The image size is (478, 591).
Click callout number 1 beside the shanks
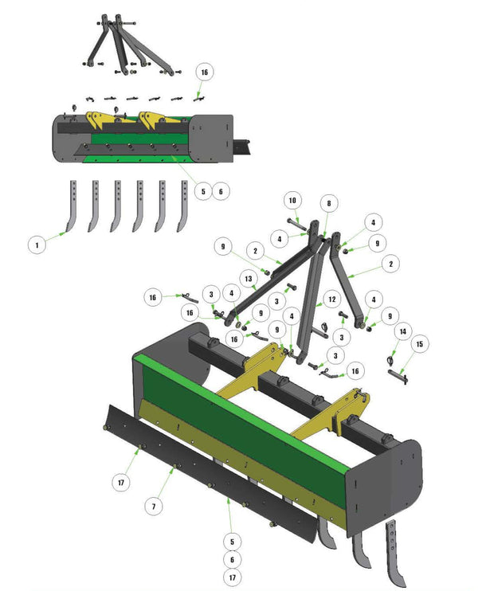tap(36, 245)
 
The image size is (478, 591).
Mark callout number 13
tap(249, 278)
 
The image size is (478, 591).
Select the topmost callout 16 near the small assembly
tap(204, 72)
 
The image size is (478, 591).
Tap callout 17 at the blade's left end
tap(121, 482)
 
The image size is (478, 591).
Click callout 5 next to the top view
tap(204, 191)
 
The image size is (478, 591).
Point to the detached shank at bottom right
tap(394, 550)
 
